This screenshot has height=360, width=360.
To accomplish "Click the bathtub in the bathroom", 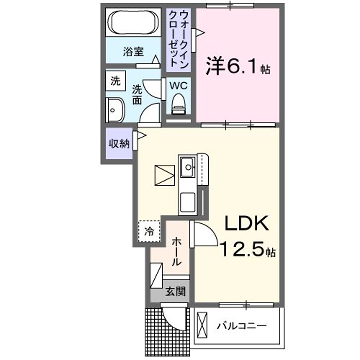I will coord(134,23).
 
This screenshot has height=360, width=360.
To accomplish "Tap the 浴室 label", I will coord(134,50).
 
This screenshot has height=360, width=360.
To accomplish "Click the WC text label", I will coord(178,86).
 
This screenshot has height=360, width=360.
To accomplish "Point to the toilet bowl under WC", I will coord(180,109).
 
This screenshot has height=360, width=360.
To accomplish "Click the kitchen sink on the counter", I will coord(187,165).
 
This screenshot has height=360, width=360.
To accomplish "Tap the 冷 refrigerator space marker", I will coord(149,231).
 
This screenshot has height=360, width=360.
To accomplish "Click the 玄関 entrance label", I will coord(176,291).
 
